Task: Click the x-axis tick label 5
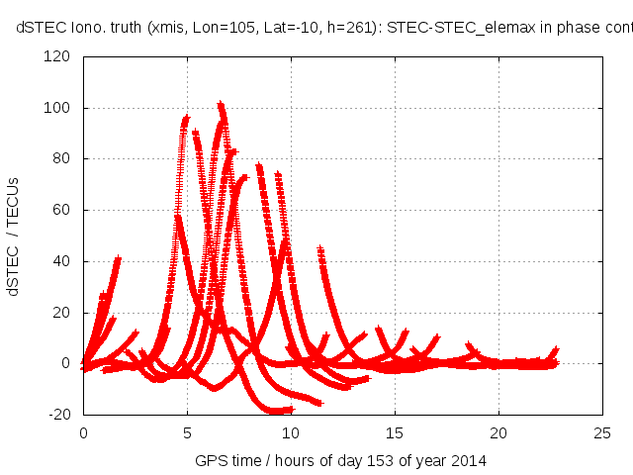point(187,432)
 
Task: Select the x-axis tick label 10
point(291,432)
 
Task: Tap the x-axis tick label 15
point(395,432)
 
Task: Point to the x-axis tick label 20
point(498,432)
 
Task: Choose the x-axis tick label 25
point(602,432)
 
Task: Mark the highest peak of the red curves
point(221,103)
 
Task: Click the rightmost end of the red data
point(556,350)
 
